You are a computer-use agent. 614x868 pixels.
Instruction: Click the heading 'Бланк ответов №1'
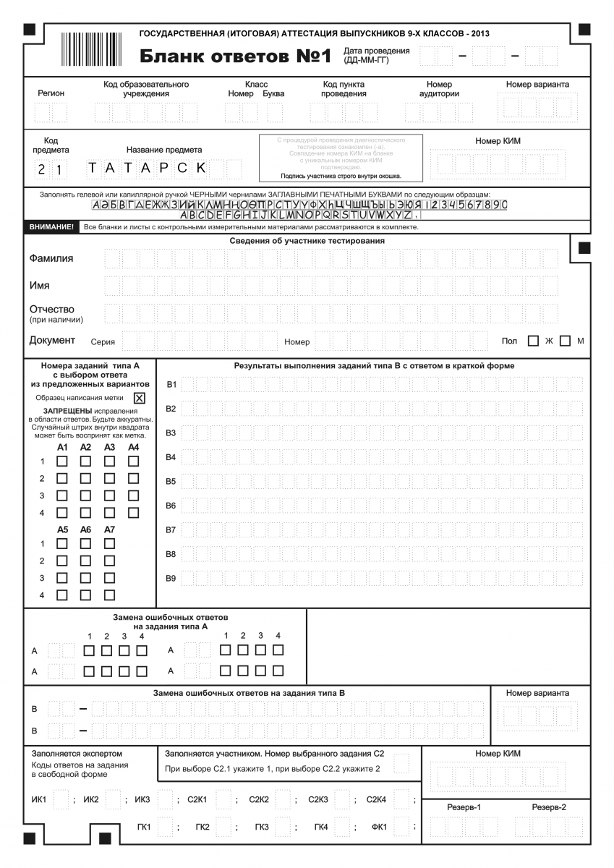(235, 56)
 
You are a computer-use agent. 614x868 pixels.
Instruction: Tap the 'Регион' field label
(51, 93)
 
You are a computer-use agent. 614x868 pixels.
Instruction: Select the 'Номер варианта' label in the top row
(537, 85)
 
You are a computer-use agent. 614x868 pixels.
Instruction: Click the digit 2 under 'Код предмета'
(43, 170)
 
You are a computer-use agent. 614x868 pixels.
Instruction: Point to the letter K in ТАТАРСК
(201, 168)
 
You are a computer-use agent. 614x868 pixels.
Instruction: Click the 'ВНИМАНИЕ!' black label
(52, 227)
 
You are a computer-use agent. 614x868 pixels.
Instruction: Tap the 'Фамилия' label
(51, 258)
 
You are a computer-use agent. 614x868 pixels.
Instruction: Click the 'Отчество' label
(51, 310)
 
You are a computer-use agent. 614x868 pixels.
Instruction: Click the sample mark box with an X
(140, 398)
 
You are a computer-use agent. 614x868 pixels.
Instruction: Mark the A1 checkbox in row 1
(63, 461)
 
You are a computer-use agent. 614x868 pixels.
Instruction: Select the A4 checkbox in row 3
(134, 495)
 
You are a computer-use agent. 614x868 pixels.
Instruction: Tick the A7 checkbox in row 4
(110, 595)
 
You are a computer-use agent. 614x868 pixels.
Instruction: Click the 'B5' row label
(171, 481)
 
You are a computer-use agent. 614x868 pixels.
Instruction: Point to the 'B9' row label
(171, 579)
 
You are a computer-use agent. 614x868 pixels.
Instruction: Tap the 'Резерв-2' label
(549, 807)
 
